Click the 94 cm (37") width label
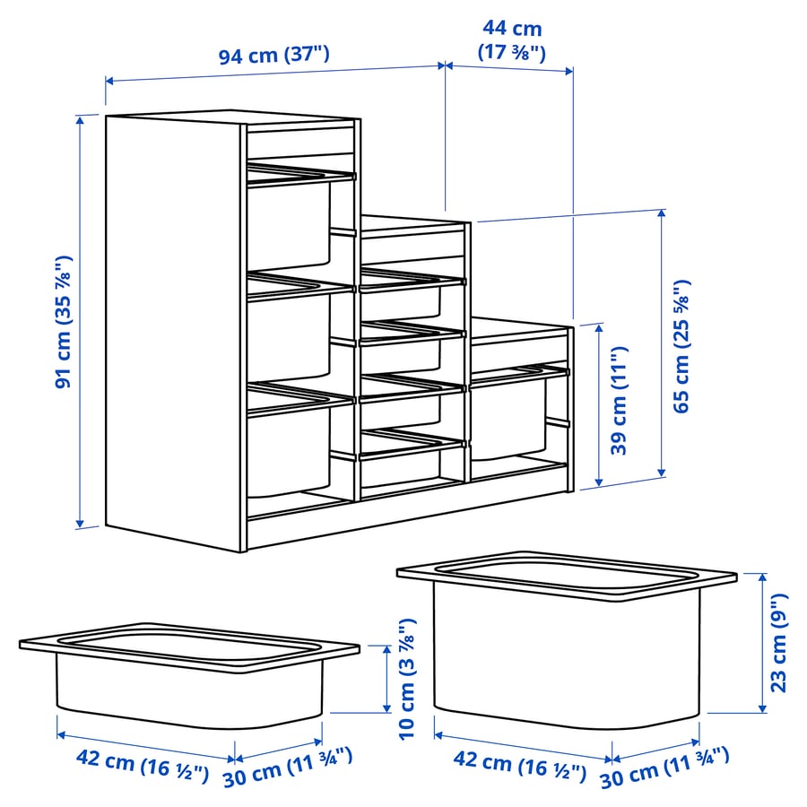pos(274,56)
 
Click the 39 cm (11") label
pos(620,401)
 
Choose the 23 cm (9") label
pos(779,642)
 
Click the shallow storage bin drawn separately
pos(188,672)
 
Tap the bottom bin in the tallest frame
pos(289,448)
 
